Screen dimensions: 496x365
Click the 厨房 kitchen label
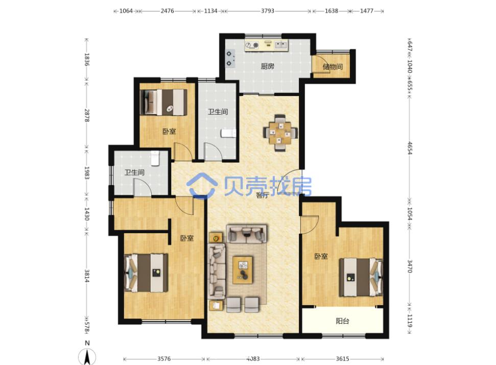[267, 66]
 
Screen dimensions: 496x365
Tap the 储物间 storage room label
[333, 67]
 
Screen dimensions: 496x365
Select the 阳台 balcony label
[342, 321]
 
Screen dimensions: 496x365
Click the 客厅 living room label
[262, 195]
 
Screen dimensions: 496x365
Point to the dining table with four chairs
[280, 133]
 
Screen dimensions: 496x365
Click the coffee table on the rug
[243, 270]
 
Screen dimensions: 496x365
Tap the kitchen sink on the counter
[281, 45]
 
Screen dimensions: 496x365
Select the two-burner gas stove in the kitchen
[230, 59]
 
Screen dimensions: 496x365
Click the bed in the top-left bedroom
[163, 102]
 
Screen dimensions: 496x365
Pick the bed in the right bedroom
[361, 277]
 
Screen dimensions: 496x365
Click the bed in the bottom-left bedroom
[146, 272]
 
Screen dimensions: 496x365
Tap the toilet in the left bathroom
[155, 158]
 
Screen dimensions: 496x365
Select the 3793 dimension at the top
[268, 11]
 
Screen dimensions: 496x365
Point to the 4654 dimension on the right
[409, 148]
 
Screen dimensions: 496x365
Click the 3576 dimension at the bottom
[164, 359]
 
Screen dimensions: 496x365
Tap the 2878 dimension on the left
[87, 116]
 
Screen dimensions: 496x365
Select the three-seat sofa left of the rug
[217, 271]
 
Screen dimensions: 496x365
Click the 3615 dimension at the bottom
[342, 359]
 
